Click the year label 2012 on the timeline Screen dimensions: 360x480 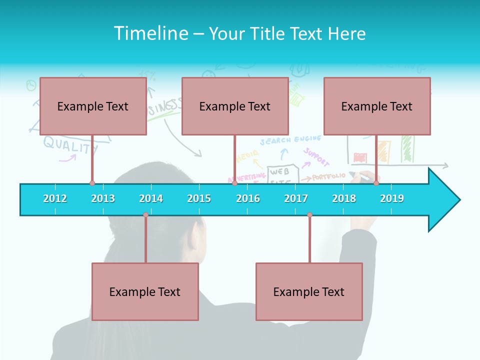pos(55,198)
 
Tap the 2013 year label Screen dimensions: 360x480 pos(103,198)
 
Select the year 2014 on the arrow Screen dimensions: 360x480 pos(151,198)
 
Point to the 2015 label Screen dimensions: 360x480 pos(199,198)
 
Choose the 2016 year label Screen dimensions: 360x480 pos(248,198)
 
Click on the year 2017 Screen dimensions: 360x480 pos(296,198)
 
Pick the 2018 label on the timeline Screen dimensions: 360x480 pos(344,198)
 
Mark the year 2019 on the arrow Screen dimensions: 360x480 pos(392,198)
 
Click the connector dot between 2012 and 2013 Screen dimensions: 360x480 pos(92,183)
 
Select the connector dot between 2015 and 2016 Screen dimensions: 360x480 pos(234,183)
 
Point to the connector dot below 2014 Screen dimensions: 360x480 pos(145,215)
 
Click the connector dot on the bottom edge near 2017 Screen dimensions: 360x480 pos(309,215)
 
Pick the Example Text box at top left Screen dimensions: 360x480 pos(93,106)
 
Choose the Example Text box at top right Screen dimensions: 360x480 pos(377,106)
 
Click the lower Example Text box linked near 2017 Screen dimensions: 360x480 pos(309,291)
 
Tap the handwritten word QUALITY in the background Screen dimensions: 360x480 pos(70,145)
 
